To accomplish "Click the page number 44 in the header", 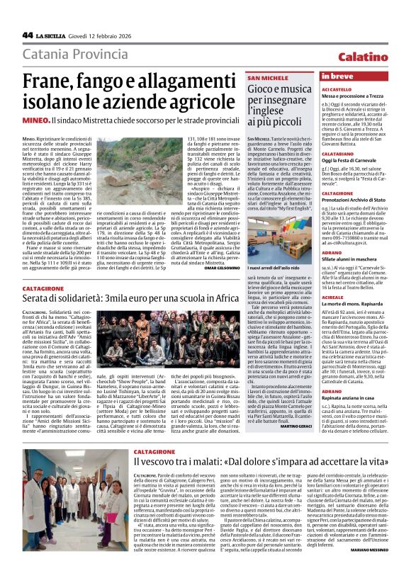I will coord(28,35).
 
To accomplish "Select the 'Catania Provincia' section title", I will coord(75,55).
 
